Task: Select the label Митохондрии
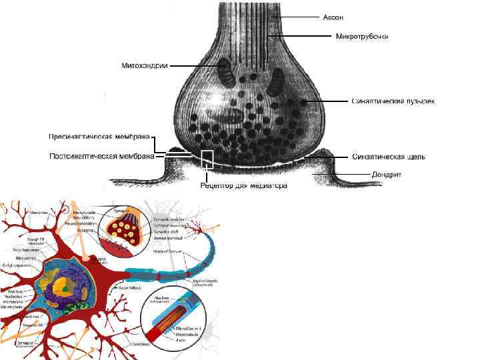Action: tap(144, 65)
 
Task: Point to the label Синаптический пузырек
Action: tap(393, 102)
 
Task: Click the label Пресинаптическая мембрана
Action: tap(99, 137)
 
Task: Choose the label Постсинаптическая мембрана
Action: tap(102, 157)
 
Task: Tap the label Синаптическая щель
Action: tap(388, 157)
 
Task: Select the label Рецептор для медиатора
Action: tap(244, 186)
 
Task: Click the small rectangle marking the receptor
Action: tap(207, 159)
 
